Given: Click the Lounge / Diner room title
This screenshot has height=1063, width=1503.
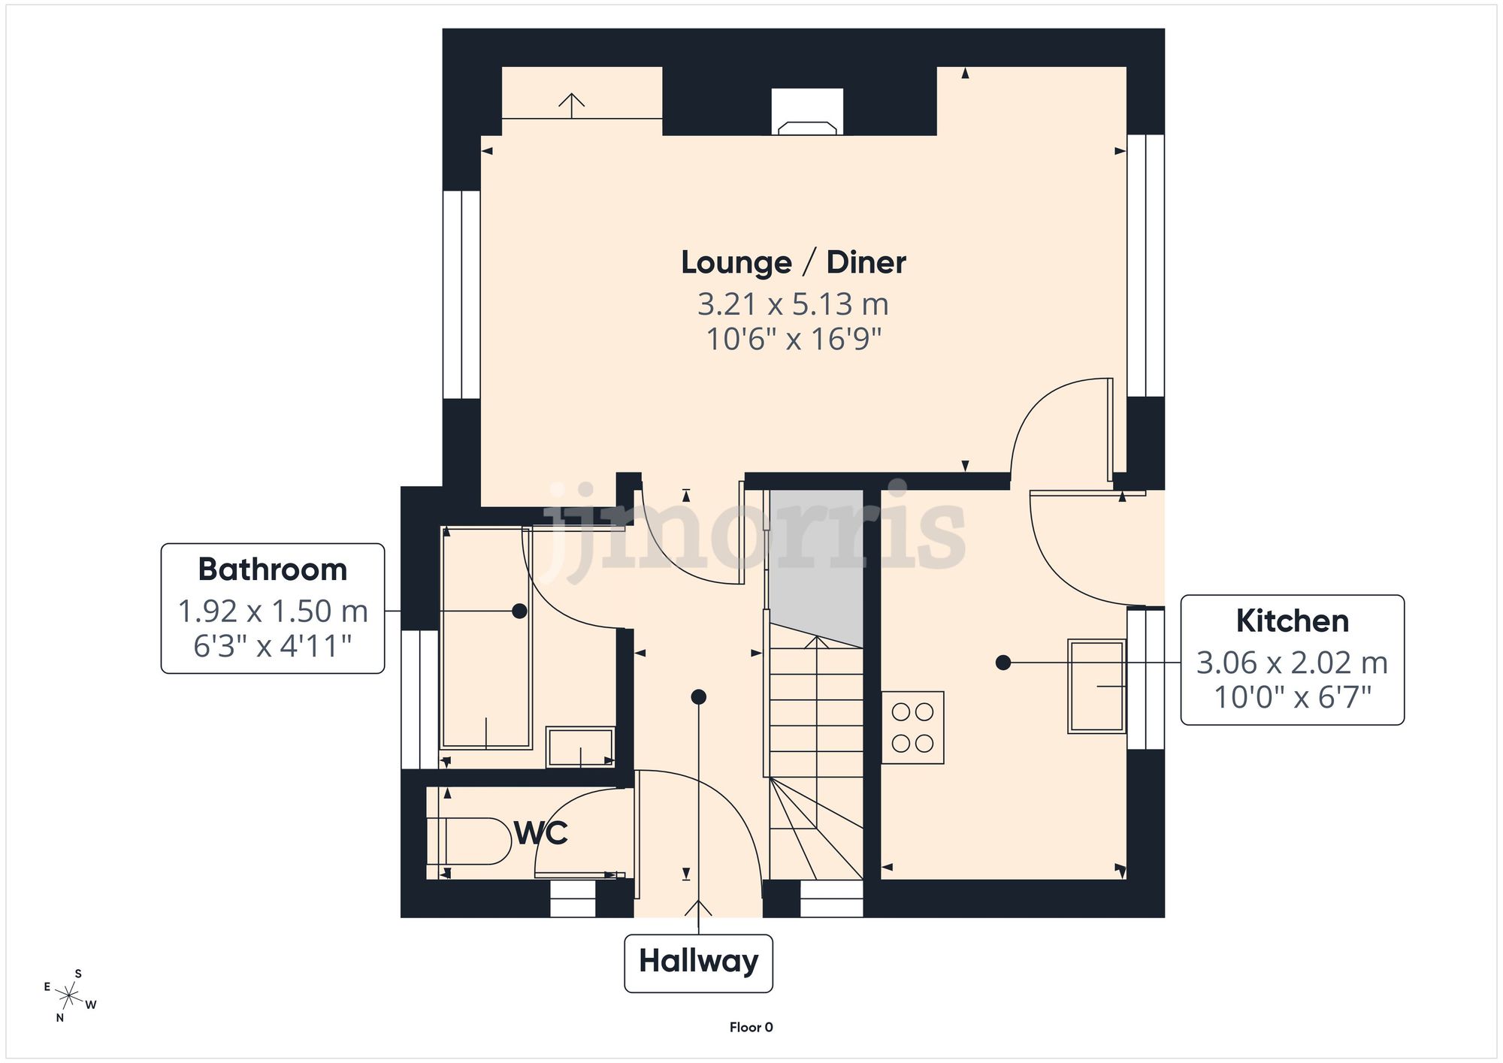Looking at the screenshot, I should point(793,262).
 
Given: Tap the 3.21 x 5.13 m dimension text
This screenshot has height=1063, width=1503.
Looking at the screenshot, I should point(793,304).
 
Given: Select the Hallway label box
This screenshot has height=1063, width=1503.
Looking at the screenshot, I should point(698,962).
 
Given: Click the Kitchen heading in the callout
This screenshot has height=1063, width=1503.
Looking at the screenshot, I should point(1292,621).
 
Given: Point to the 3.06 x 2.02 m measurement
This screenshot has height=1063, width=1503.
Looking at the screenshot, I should point(1292,663).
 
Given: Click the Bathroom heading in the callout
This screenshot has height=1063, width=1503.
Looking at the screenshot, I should point(272,569).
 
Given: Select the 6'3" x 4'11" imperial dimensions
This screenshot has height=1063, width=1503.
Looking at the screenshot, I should point(272,646).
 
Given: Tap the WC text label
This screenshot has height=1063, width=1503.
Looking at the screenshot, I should point(540,832).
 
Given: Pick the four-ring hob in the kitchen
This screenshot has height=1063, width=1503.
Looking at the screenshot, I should point(912,727).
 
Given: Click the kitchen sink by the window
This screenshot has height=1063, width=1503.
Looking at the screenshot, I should point(1096,686).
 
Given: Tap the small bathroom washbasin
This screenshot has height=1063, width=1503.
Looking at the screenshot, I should point(579,746).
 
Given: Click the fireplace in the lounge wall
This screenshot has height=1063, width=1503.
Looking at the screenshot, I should point(807,113).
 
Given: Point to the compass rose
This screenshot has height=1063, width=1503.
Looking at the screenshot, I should point(69,996).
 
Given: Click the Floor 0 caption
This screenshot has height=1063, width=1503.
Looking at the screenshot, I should point(751,1027).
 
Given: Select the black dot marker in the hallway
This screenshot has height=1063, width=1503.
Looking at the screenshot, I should point(698,697).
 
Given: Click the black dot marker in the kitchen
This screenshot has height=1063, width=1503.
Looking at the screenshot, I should point(1003,663).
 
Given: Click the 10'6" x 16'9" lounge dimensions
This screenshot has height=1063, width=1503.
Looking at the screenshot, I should point(793,340).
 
